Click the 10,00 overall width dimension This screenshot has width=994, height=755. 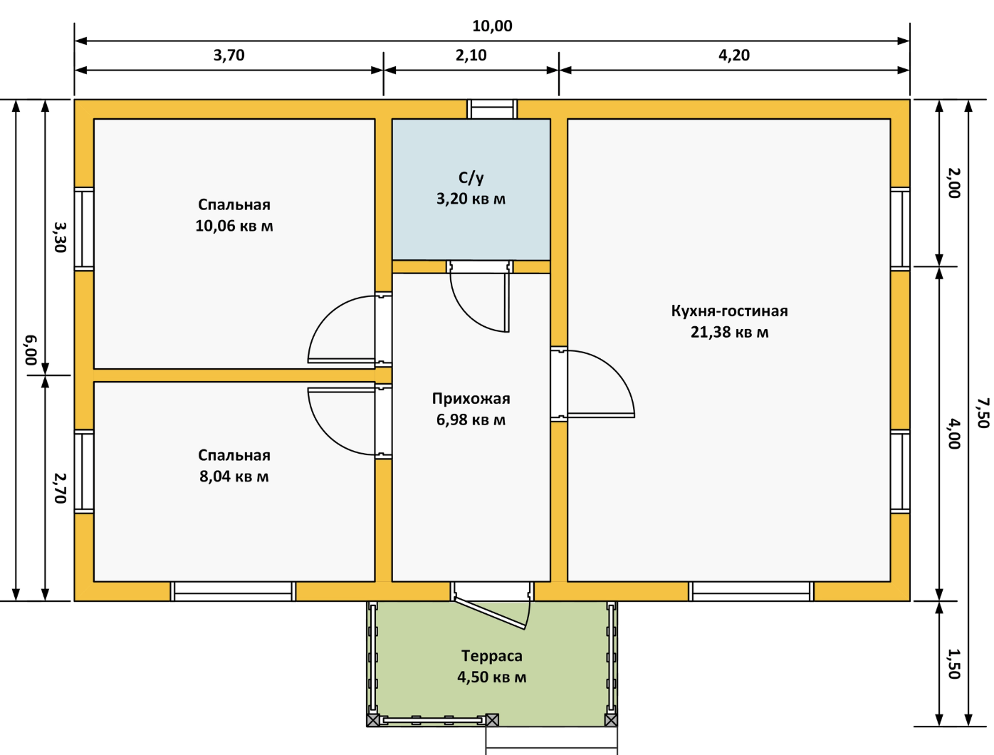[x=492, y=26]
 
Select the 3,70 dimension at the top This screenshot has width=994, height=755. [x=229, y=56]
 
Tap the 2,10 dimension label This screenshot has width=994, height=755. [x=471, y=56]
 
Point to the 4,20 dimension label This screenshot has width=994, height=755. [x=734, y=56]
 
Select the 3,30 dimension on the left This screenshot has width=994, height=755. [x=60, y=237]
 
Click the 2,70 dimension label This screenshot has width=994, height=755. [x=60, y=488]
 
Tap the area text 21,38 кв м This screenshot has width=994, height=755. [x=730, y=333]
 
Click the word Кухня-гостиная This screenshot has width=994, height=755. [x=730, y=311]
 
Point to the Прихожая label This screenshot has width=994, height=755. [x=471, y=399]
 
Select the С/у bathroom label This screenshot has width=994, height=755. [x=471, y=178]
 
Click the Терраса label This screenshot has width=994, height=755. [x=492, y=656]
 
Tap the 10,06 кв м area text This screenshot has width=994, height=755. [x=234, y=226]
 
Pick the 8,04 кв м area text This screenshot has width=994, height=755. [x=234, y=477]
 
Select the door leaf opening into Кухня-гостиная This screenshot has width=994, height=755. [x=601, y=415]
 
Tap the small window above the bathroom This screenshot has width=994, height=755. [x=492, y=109]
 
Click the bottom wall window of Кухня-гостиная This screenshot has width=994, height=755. [x=751, y=591]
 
